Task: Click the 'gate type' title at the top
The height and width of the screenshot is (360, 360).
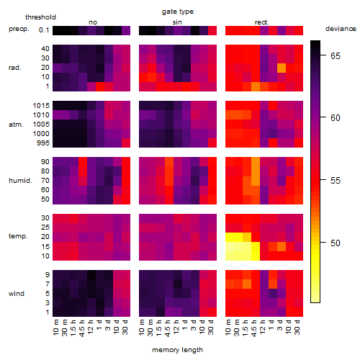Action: (178, 12)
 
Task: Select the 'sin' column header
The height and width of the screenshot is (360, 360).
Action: (177, 22)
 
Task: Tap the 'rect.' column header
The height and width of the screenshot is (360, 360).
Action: (262, 22)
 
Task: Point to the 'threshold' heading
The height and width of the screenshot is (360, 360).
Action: (40, 17)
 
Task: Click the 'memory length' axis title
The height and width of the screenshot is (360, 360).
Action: (178, 350)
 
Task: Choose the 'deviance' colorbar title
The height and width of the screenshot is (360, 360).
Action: (341, 29)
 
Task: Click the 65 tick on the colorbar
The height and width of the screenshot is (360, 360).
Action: (336, 56)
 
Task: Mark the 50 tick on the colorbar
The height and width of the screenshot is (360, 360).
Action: (336, 243)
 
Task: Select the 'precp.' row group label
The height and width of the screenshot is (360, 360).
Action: (19, 29)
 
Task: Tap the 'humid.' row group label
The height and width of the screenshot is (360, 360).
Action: (20, 181)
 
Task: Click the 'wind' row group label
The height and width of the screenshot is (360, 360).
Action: (17, 294)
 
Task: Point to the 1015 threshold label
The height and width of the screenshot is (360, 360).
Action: (41, 106)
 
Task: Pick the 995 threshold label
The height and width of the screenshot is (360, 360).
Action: (43, 143)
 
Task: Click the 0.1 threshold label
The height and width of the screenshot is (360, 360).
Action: (44, 30)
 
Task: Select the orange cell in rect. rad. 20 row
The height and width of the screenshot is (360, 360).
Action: (282, 68)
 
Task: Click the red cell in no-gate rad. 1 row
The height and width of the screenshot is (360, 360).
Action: (100, 86)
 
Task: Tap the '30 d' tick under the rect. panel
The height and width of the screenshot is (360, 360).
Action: (297, 328)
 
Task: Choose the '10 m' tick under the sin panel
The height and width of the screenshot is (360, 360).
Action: (142, 328)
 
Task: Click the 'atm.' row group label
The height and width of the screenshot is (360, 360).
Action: (16, 125)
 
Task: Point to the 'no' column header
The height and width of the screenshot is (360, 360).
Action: (93, 22)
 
